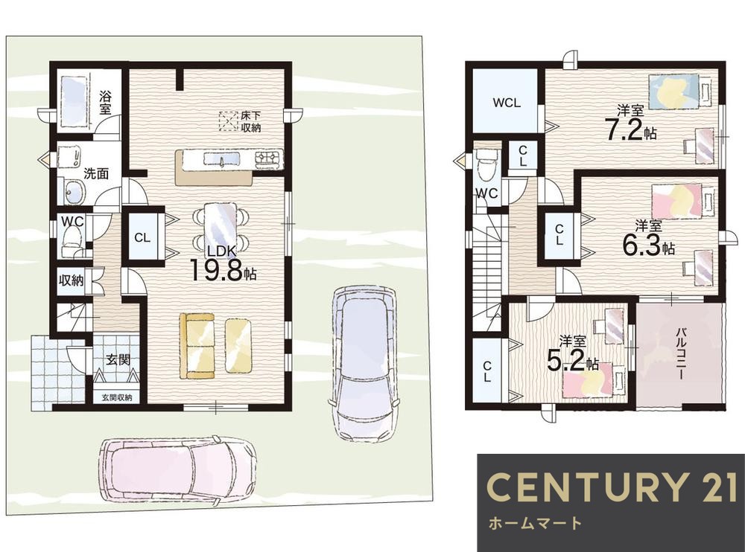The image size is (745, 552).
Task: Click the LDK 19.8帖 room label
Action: pos(223,265)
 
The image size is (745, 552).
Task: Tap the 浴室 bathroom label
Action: pos(105,103)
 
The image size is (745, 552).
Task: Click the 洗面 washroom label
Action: pos(96,173)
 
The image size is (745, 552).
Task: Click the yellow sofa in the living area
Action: pos(197,347)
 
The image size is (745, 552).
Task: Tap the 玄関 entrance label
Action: pos(118,359)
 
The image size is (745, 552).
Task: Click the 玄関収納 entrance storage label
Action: pos(116,397)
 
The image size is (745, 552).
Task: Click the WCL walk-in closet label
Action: pos(507,103)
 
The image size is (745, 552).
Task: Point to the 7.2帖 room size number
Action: pos(630,129)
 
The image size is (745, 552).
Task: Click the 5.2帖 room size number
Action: pos(572,362)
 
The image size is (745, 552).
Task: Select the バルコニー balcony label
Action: pos(679,353)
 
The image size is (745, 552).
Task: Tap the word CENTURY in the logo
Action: pos(587,487)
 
